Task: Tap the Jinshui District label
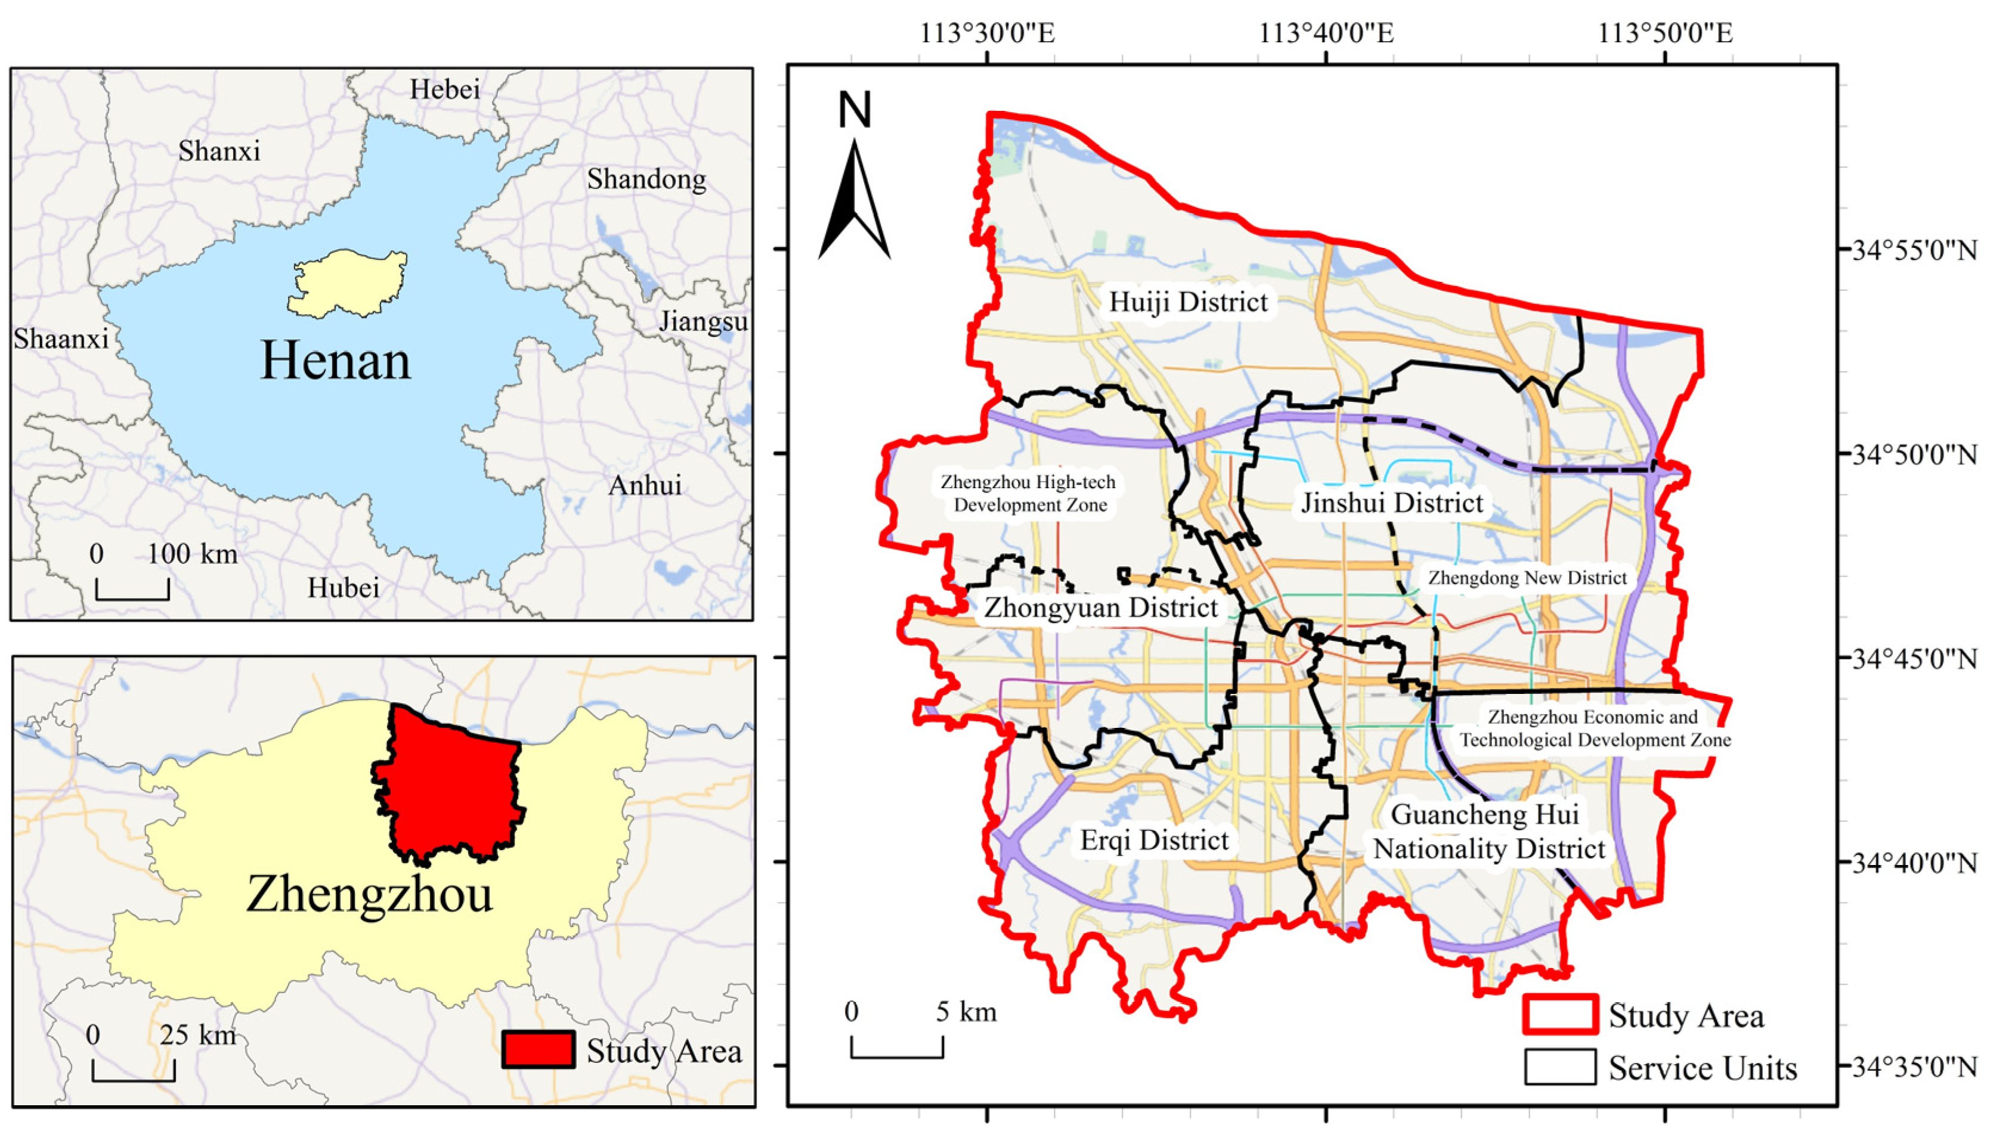(1392, 503)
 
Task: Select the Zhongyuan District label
(1100, 607)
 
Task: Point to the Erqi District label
(1154, 840)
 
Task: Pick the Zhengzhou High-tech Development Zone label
(1029, 494)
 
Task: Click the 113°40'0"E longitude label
(1326, 33)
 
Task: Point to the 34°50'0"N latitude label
(1914, 454)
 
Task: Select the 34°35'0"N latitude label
(1914, 1067)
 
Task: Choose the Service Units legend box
(1560, 1067)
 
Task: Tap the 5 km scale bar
(897, 1049)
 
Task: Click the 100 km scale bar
(132, 591)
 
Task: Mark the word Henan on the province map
(336, 361)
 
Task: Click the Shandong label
(646, 179)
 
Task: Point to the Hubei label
(343, 588)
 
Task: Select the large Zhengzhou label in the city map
(369, 894)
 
